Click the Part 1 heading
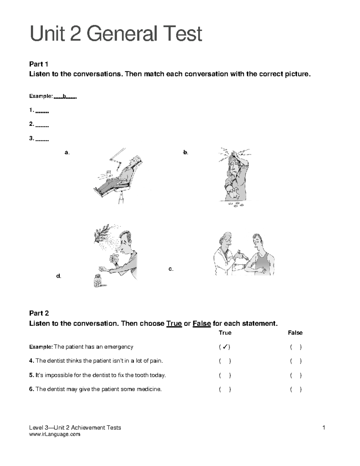click(x=39, y=64)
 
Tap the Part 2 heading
click(x=39, y=313)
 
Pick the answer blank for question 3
click(x=42, y=140)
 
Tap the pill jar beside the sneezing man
click(x=98, y=281)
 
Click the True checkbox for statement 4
click(x=225, y=361)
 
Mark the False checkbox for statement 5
click(x=295, y=375)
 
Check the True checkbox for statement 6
click(x=225, y=389)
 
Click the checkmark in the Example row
click(x=224, y=347)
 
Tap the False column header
click(x=295, y=333)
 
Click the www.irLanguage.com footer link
click(x=55, y=434)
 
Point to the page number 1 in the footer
click(x=324, y=428)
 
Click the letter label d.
click(x=59, y=276)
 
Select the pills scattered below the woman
click(x=236, y=204)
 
